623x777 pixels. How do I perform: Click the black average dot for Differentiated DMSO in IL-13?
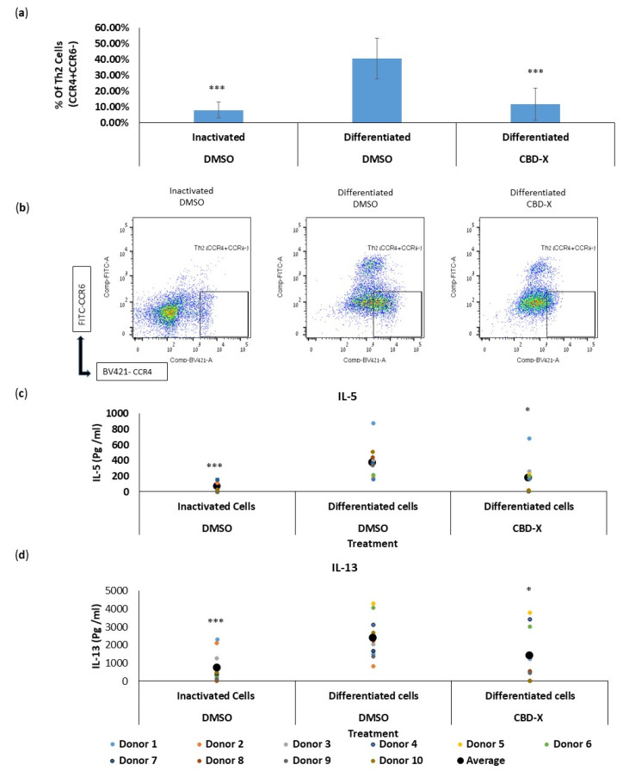[372, 638]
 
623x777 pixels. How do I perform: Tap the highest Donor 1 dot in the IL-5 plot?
[373, 423]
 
